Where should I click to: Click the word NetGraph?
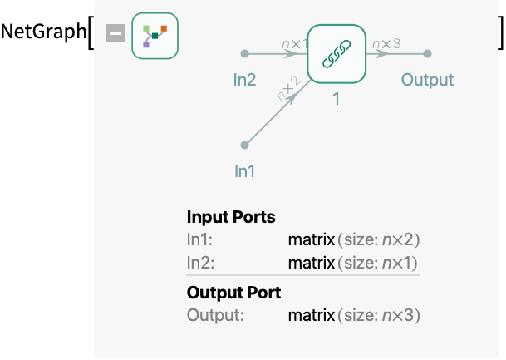(x=43, y=32)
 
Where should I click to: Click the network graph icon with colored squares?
(x=155, y=36)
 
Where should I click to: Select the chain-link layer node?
(x=337, y=53)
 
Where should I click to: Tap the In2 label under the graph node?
(x=244, y=80)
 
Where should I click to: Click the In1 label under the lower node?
(x=244, y=171)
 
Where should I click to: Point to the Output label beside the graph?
(x=427, y=80)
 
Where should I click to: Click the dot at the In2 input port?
(x=244, y=53)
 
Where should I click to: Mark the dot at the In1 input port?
(x=244, y=145)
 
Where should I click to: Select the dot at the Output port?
(x=427, y=53)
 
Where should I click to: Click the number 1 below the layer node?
(x=337, y=99)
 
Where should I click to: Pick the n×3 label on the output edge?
(x=386, y=43)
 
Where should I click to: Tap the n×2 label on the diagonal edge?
(x=289, y=88)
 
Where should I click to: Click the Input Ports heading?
(x=231, y=217)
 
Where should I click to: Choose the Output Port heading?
(x=234, y=293)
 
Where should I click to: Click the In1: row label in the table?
(x=199, y=240)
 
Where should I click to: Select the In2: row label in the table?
(x=201, y=263)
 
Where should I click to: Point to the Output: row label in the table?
(x=215, y=315)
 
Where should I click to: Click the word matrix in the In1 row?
(x=312, y=240)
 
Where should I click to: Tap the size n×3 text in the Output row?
(x=379, y=315)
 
